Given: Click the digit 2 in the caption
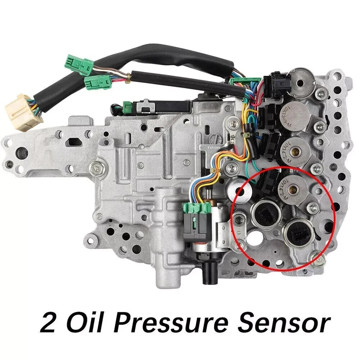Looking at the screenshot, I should [x=48, y=324].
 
